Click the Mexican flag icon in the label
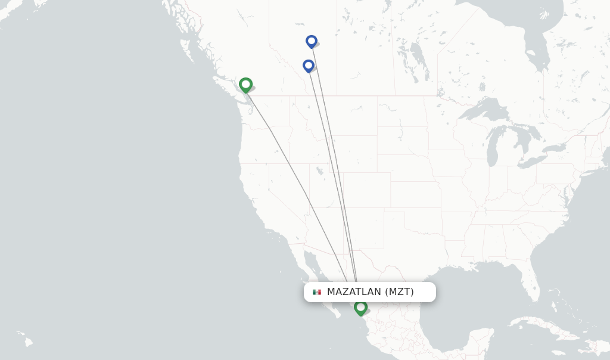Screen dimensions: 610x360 [x=317, y=292]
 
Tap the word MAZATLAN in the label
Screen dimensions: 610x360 [x=354, y=292]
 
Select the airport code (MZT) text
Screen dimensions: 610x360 [x=399, y=292]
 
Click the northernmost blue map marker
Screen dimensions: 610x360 [x=311, y=41]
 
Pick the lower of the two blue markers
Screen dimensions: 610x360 [x=308, y=66]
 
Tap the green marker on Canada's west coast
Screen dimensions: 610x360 [x=245, y=85]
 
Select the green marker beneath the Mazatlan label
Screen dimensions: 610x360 [x=360, y=308]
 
